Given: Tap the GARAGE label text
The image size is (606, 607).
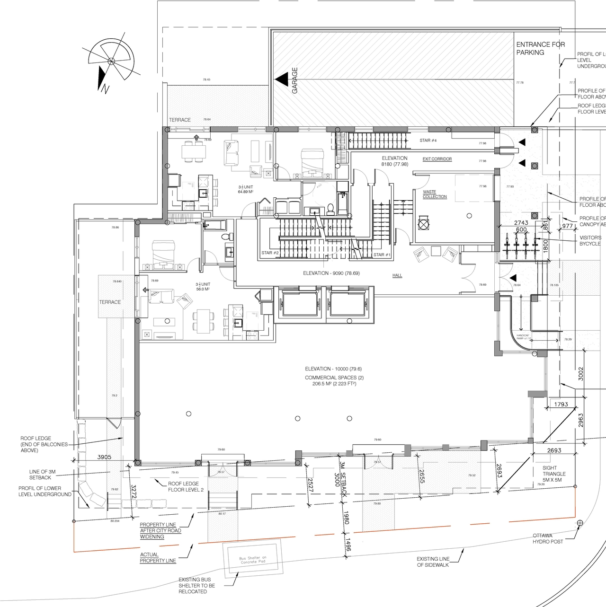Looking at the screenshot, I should coord(295,80).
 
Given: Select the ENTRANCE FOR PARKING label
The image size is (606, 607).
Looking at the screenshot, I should coord(540,48).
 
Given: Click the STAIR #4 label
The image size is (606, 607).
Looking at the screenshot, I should coord(428,141).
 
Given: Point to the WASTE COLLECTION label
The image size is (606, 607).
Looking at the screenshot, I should coord(434,194).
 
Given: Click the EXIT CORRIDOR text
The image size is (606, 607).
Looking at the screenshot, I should coord(437,159).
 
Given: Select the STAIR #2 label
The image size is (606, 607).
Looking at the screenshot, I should coord(270,253).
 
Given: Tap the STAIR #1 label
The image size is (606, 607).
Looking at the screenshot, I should coord(382,255).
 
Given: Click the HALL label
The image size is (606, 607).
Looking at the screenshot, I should coord(397,275).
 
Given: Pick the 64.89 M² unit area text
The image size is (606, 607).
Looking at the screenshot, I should coord(245,192).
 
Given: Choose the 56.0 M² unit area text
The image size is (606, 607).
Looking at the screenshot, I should coord(203,289).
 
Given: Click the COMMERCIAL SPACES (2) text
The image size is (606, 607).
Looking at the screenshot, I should coord(333,378).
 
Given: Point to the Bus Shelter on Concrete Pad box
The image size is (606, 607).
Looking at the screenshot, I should coord(253,560).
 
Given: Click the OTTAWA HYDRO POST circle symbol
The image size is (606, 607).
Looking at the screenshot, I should coord(580,523).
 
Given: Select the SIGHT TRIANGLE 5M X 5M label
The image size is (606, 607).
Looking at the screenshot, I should coord(554,474).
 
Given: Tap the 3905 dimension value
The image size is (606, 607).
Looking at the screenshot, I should coord(104,457).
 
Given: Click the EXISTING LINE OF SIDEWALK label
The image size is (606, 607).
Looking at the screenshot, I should coord(433,562).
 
